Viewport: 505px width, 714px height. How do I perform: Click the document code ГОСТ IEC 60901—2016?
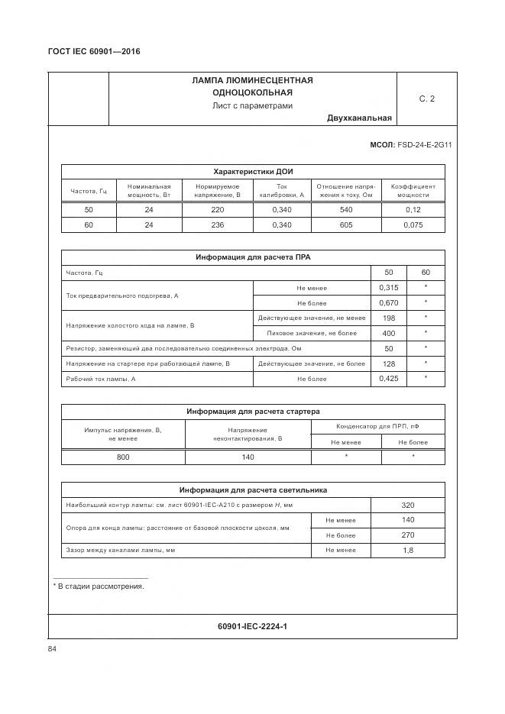[95, 51]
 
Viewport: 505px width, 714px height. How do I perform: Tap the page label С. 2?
[426, 99]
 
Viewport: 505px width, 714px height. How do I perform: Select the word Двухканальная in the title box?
[359, 118]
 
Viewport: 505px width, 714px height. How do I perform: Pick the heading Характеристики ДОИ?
[253, 171]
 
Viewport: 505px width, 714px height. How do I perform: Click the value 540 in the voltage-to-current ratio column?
[345, 209]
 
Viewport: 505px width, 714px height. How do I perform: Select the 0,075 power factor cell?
[413, 225]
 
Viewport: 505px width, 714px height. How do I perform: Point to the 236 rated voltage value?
[217, 225]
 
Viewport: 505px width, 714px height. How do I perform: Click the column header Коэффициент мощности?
[413, 190]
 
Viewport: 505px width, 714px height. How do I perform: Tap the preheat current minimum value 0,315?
[388, 287]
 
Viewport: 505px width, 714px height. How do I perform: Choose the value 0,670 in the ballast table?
[388, 302]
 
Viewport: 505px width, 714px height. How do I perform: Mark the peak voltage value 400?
[388, 333]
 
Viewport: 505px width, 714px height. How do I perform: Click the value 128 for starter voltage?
[388, 363]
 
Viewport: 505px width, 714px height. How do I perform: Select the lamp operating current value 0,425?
[388, 379]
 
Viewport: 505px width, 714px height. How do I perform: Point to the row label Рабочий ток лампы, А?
[101, 379]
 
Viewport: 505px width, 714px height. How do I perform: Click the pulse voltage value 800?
[123, 457]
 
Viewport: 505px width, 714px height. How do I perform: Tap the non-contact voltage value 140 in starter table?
[248, 457]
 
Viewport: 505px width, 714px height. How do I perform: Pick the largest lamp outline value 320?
[407, 505]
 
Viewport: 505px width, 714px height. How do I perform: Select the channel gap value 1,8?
[407, 550]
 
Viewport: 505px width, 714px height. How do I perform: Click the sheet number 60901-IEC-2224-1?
[252, 626]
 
